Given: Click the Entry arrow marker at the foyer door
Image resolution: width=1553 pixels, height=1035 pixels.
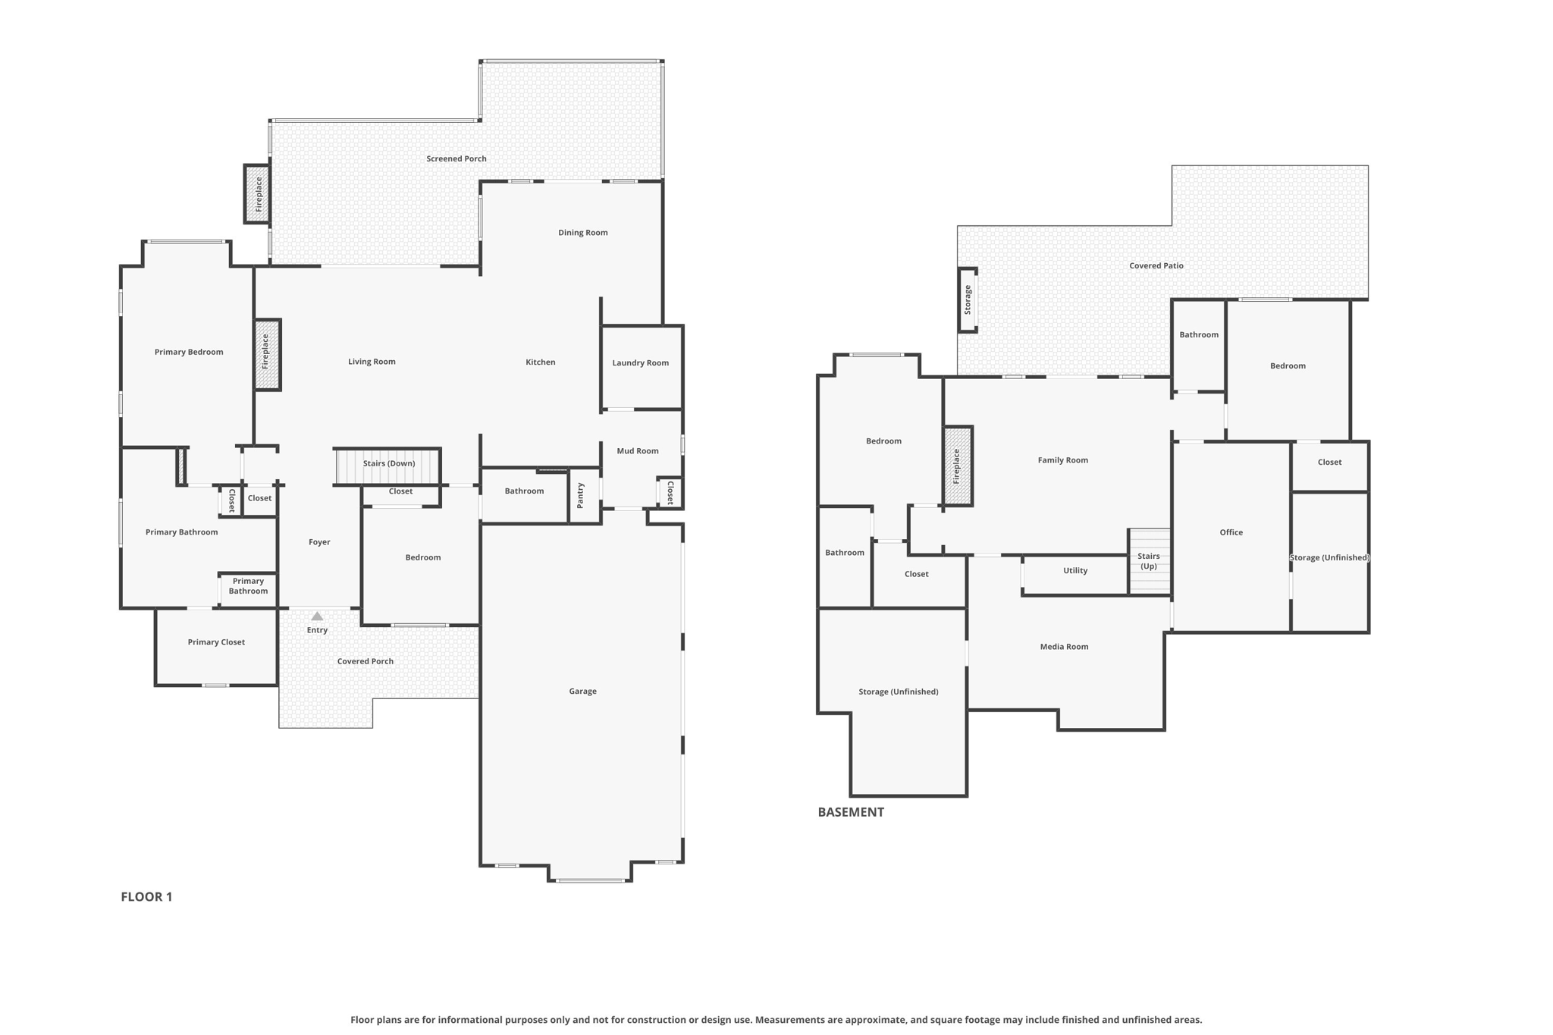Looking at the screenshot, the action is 317,616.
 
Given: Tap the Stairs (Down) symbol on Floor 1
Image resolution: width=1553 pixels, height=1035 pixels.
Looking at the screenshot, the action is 387,466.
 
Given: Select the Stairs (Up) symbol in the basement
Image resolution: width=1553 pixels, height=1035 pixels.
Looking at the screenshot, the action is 1150,561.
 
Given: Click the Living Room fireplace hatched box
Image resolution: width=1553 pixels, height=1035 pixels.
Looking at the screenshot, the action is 267,354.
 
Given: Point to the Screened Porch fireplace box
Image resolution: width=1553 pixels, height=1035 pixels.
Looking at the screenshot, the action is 257,194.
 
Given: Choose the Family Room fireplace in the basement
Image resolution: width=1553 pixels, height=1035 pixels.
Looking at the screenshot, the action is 958,466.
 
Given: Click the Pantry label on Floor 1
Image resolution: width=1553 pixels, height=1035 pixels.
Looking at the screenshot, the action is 580,496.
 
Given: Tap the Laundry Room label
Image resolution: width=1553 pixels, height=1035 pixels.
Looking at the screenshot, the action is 641,363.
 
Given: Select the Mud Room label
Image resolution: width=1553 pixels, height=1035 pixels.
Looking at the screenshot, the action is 638,451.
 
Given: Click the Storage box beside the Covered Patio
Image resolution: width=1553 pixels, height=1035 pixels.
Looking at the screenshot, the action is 968,300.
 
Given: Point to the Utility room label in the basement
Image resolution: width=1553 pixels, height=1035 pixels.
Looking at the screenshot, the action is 1075,571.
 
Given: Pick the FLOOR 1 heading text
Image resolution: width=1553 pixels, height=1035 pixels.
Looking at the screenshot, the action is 146,897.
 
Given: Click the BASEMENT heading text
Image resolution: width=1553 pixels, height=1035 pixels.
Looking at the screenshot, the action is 851,812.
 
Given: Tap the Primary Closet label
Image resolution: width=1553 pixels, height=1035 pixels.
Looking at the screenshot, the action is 216,642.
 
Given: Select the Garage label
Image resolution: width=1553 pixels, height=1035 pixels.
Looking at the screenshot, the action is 582,692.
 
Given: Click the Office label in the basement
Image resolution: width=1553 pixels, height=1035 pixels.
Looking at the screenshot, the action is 1231,532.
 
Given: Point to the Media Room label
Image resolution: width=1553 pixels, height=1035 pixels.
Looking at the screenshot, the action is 1064,647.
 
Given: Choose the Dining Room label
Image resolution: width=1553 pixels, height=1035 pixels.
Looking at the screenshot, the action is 583,233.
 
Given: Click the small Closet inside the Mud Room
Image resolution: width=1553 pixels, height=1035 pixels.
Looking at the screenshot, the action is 670,493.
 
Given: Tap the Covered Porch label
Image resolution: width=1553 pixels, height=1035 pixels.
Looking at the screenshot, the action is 366,661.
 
